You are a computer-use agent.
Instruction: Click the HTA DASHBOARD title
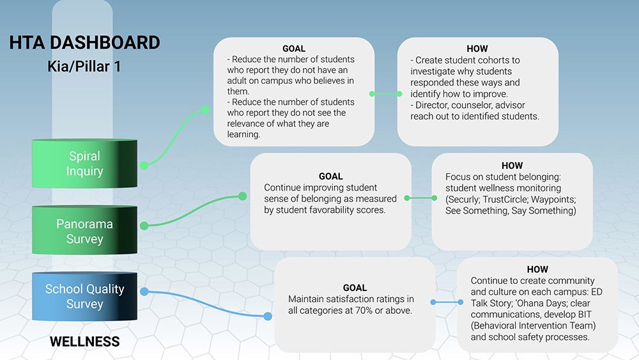(x=84, y=43)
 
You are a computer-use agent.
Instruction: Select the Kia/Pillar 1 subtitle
(x=84, y=66)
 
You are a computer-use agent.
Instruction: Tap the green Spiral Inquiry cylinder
(x=84, y=164)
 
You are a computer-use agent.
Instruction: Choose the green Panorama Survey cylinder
(x=84, y=230)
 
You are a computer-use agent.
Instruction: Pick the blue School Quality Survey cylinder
(x=84, y=297)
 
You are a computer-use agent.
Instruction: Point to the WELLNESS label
(x=85, y=341)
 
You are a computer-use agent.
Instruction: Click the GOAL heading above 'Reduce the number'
(x=294, y=49)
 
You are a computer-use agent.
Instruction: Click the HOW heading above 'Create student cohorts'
(x=477, y=49)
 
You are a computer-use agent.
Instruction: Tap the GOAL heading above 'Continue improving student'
(x=330, y=176)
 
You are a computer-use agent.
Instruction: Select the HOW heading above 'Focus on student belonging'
(x=512, y=166)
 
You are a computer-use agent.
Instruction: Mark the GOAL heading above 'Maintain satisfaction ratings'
(x=355, y=288)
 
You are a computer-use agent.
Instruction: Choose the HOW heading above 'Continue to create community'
(x=537, y=269)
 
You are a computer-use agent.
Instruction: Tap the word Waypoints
(x=553, y=200)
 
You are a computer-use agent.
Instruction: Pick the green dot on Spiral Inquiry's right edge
(x=144, y=165)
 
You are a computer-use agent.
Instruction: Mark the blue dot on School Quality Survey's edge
(x=144, y=292)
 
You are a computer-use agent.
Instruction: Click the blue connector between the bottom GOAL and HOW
(x=447, y=302)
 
